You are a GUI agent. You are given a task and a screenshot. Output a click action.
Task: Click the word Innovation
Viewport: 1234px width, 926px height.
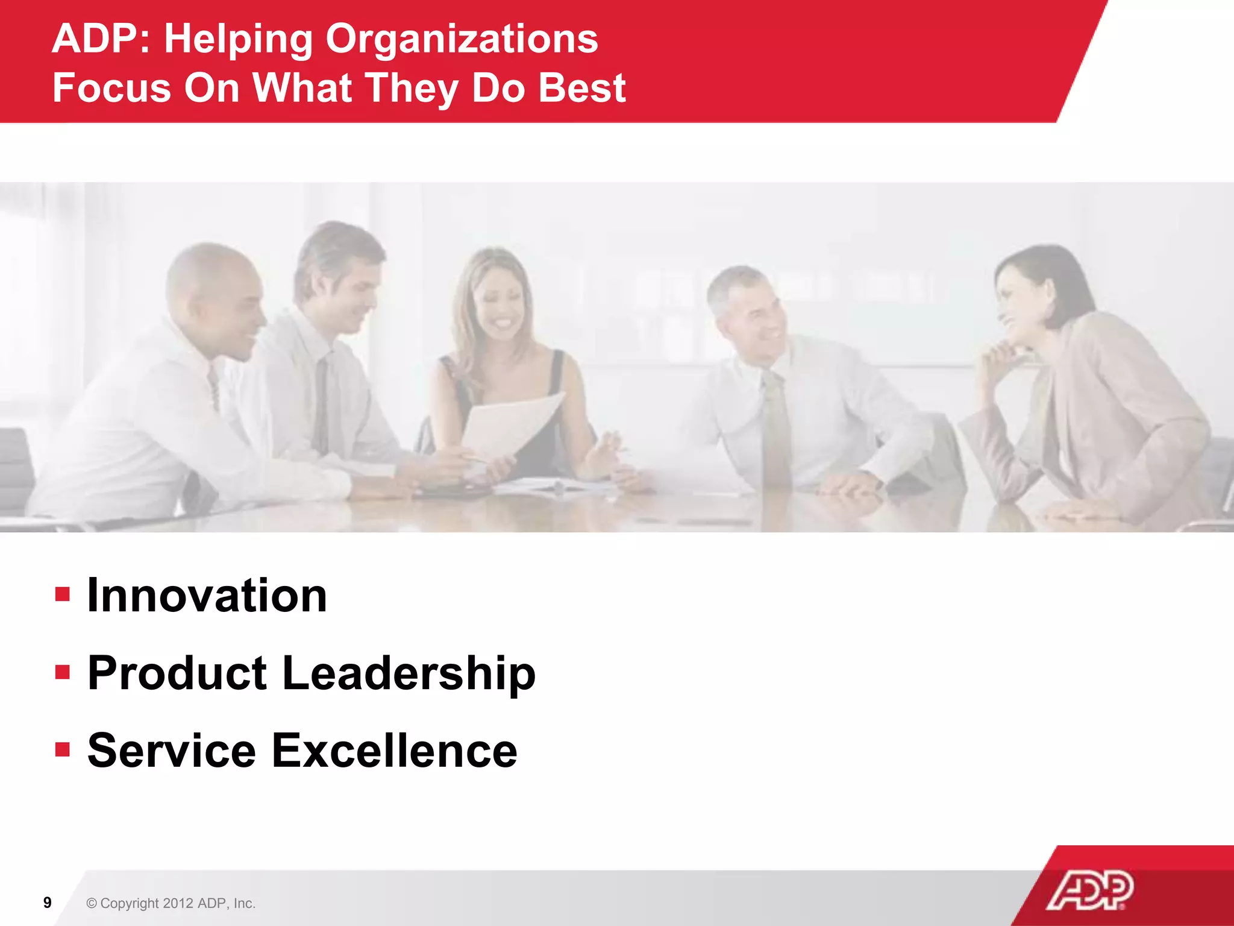[x=207, y=596]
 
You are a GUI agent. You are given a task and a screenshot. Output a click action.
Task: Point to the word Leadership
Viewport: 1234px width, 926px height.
[x=409, y=673]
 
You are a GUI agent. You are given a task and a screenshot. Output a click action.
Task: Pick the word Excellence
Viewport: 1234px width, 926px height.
[x=394, y=751]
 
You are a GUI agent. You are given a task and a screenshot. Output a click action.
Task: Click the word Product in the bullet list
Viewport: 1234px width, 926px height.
[x=177, y=673]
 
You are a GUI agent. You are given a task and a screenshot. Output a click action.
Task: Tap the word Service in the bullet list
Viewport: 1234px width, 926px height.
[x=172, y=751]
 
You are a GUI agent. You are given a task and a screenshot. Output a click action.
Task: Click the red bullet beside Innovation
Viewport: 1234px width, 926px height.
[x=63, y=595]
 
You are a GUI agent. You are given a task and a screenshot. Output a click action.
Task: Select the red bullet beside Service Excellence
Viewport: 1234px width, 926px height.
[x=63, y=749]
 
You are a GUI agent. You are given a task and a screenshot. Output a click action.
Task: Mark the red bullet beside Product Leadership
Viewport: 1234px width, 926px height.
[x=63, y=672]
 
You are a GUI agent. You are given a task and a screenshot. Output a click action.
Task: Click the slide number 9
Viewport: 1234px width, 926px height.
[x=48, y=902]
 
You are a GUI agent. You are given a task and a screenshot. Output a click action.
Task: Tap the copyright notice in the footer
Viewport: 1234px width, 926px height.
[x=171, y=903]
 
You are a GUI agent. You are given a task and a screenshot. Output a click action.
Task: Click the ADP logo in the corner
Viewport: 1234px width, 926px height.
[x=1089, y=890]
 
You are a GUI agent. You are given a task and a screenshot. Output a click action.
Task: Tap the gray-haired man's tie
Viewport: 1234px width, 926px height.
[x=775, y=428]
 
